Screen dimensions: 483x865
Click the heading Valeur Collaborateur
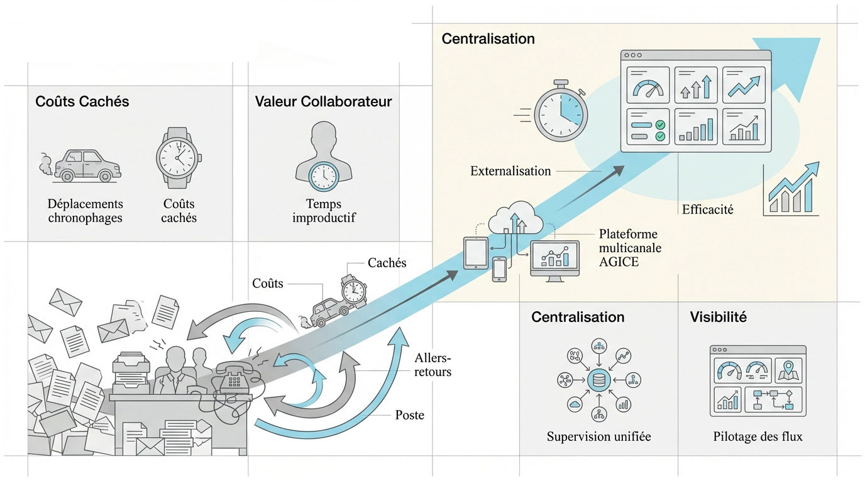pos(323,101)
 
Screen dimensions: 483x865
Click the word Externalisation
pos(510,170)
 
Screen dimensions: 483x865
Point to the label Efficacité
pos(707,209)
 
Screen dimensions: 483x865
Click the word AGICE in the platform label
pos(619,261)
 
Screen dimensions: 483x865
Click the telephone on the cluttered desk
pos(235,379)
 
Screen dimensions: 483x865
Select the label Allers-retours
pos(433,365)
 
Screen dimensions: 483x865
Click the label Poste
pos(410,415)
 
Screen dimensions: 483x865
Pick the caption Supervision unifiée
pos(598,436)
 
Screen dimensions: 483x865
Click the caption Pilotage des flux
pos(758,436)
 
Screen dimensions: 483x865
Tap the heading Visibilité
pos(718,317)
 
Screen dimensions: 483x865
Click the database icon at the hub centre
pos(598,380)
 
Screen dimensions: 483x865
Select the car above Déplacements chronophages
pos(86,165)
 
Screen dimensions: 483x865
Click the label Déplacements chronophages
pos(85,211)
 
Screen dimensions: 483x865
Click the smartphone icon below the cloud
pos(499,269)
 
